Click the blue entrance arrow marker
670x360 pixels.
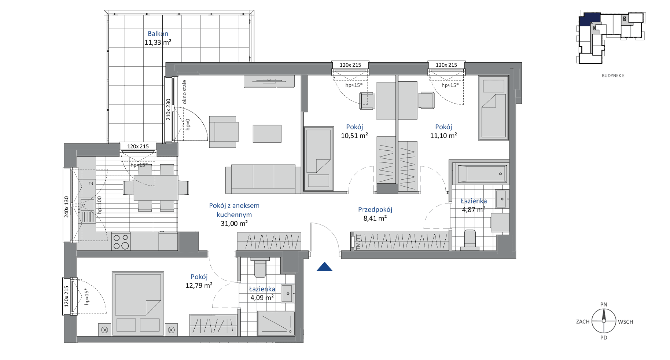click(x=324, y=267)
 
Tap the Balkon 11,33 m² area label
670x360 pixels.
click(x=158, y=38)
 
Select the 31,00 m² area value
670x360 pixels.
click(x=234, y=223)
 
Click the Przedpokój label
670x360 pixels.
click(x=375, y=209)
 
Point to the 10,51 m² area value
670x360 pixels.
click(x=354, y=136)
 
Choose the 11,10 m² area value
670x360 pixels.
click(x=443, y=136)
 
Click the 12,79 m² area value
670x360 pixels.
click(x=199, y=285)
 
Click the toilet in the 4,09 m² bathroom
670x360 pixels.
click(x=260, y=268)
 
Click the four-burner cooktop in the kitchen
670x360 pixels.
click(x=121, y=242)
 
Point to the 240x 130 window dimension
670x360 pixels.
click(x=66, y=207)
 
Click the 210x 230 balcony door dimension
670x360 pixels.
click(x=168, y=109)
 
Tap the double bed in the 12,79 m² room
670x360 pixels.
click(x=138, y=304)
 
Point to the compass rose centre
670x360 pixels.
click(x=604, y=321)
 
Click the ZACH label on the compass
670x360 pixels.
click(x=582, y=322)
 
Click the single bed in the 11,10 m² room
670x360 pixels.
click(x=493, y=108)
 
